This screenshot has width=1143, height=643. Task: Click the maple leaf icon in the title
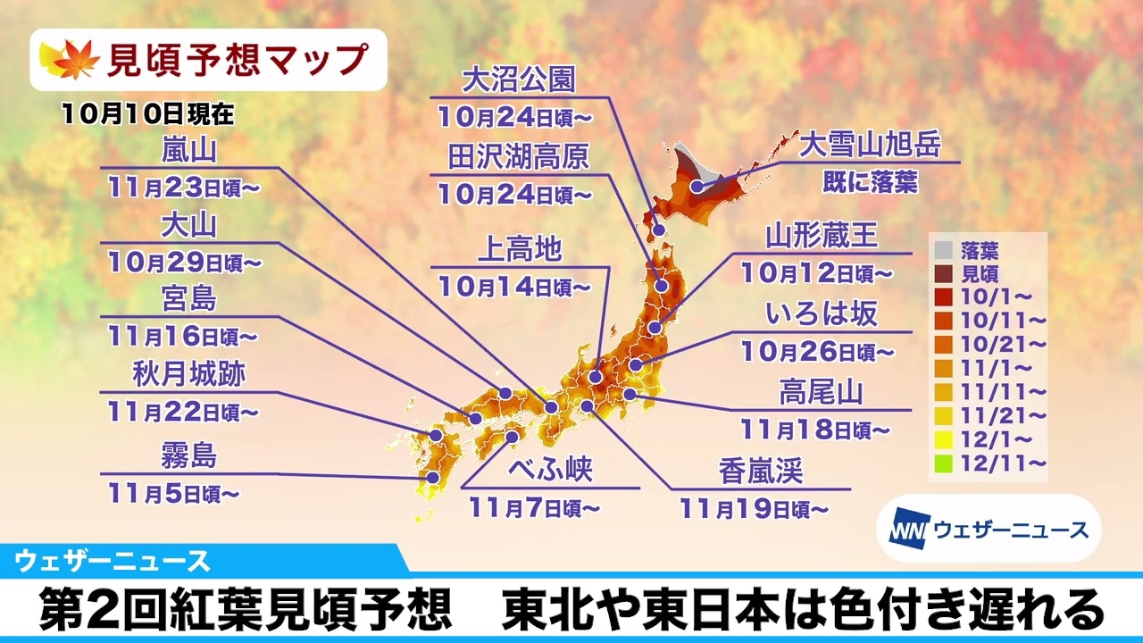(66, 60)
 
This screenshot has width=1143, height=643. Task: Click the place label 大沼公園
(519, 80)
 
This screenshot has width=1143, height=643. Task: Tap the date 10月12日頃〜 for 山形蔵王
(816, 271)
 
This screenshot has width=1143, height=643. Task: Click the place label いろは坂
(822, 313)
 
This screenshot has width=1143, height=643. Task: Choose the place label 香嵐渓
(761, 471)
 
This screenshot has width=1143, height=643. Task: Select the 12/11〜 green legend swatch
(942, 463)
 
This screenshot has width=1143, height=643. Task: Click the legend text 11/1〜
(984, 367)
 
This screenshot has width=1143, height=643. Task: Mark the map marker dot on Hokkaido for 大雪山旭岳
(697, 188)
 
